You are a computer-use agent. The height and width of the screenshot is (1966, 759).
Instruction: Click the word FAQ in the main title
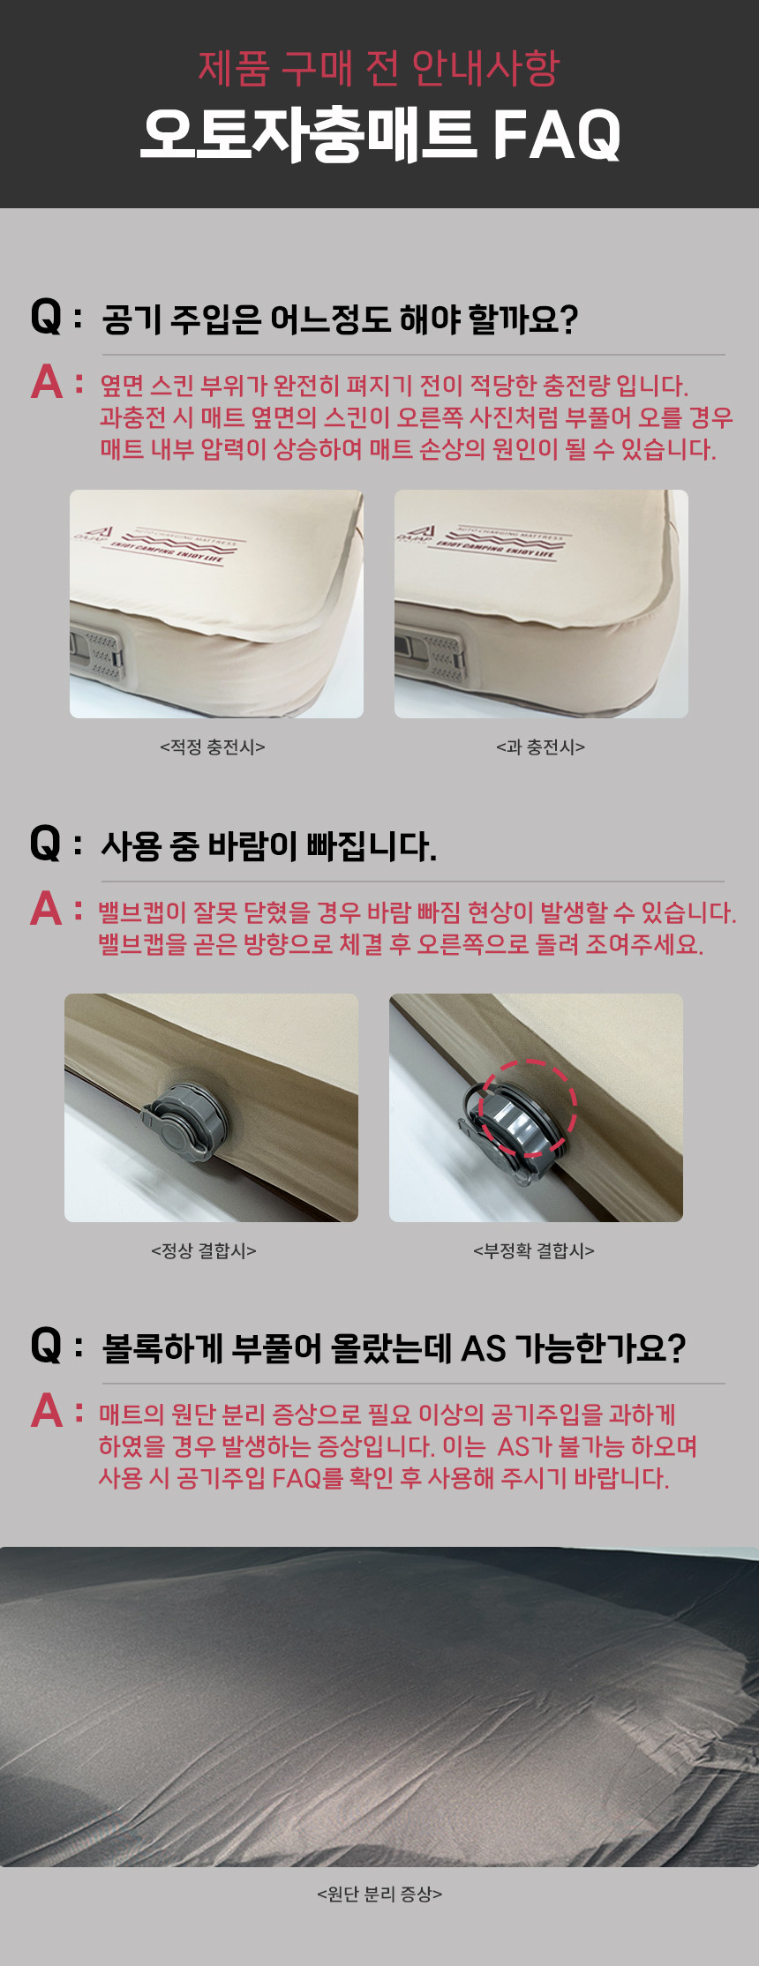557,135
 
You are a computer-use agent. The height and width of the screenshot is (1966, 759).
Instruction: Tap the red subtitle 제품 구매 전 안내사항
379,68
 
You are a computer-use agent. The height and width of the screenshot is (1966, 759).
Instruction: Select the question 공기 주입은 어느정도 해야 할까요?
340,319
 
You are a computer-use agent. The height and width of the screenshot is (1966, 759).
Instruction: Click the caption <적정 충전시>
212,747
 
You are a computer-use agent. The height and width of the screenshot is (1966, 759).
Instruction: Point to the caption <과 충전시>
540,747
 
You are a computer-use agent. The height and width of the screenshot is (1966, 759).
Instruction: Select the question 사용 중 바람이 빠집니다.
269,846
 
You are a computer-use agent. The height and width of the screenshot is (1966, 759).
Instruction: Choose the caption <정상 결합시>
203,1251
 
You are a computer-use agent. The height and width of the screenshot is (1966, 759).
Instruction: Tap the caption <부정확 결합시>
534,1251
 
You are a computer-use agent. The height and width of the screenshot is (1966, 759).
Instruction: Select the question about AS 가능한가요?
394,1348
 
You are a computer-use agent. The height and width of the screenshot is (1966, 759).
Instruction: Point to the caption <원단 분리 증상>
379,1895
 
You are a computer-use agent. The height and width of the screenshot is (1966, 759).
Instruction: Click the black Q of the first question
46,317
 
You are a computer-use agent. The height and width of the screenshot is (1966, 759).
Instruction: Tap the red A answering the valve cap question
46,909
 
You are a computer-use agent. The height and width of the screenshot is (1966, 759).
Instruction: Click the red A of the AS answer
46,1410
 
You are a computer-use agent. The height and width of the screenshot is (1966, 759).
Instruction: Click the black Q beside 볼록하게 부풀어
46,1347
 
